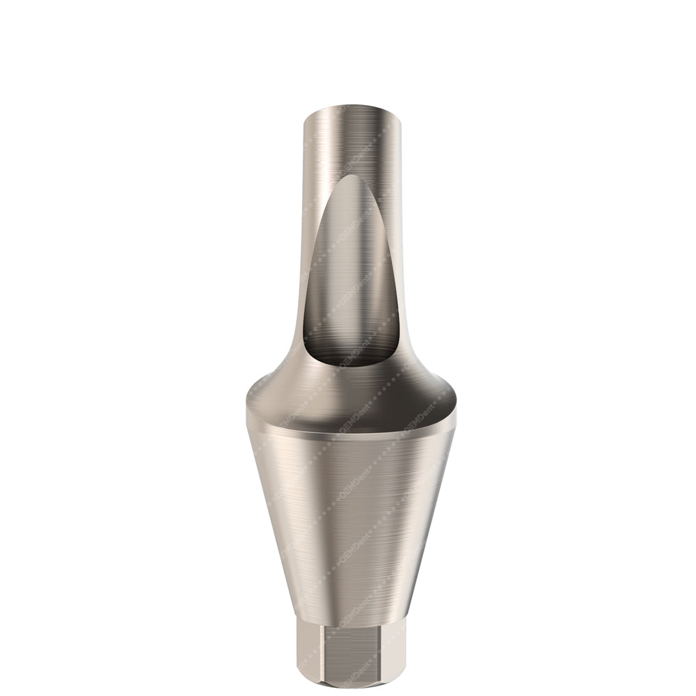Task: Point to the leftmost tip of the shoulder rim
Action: point(248,411)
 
